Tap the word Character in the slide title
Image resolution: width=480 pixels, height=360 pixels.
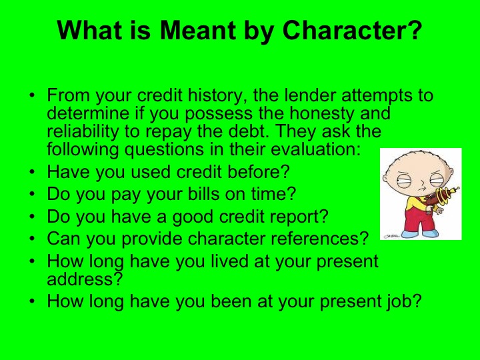pyautogui.click(x=353, y=29)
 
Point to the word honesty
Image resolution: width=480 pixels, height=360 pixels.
pyautogui.click(x=307, y=113)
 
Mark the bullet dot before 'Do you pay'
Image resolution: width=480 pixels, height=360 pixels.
pyautogui.click(x=33, y=195)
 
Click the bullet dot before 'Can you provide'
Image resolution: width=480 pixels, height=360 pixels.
pyautogui.click(x=33, y=239)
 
